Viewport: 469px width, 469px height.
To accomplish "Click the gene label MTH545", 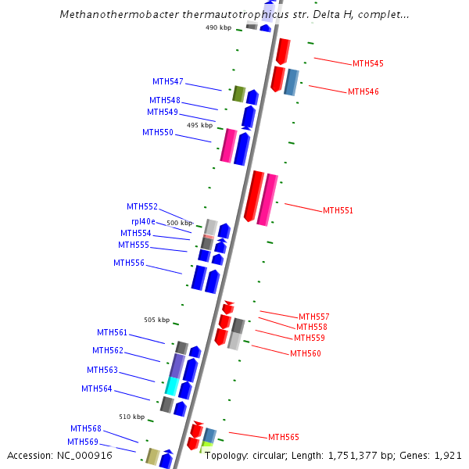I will [367, 63].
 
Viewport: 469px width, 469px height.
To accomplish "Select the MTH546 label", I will [363, 91].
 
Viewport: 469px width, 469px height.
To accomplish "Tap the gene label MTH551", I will [338, 210].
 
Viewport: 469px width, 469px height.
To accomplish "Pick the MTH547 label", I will [168, 81].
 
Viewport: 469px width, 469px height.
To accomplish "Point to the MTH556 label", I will [129, 263].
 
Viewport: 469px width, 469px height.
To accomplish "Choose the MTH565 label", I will [284, 437].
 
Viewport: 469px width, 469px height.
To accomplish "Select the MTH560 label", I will [306, 353].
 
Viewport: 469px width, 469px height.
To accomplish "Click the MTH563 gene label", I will [102, 370].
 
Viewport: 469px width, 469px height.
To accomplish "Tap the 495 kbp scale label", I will [199, 125].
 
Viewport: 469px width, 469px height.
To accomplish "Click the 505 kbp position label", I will [156, 320].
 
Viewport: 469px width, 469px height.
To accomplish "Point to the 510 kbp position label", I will [131, 417].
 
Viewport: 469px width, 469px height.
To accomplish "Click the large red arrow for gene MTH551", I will [254, 195].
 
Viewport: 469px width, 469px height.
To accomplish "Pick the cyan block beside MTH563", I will [173, 386].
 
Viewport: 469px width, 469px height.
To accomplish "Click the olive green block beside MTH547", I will [239, 94].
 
